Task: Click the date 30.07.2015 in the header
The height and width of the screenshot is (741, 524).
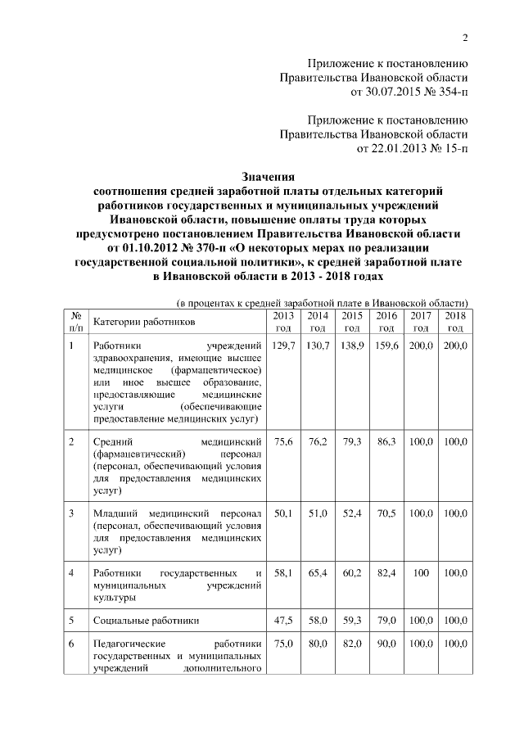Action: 379,92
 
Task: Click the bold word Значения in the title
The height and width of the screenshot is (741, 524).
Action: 268,175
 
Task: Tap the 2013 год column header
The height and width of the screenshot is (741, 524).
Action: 283,322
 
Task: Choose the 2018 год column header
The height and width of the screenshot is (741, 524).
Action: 455,322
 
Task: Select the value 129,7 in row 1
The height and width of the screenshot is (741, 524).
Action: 283,347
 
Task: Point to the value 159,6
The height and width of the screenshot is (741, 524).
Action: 386,347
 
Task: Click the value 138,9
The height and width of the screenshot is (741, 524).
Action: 352,347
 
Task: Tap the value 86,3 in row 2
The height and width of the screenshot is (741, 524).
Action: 386,442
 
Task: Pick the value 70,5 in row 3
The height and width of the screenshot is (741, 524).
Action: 386,513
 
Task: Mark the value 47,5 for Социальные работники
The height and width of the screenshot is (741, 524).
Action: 283,621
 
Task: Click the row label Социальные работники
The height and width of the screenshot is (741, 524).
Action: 146,621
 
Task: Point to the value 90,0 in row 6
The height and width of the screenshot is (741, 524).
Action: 386,645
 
